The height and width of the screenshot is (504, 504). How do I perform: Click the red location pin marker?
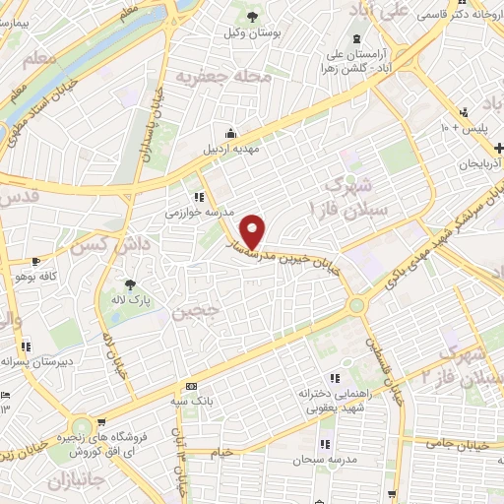253,231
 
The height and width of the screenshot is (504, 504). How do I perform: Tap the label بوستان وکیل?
255,32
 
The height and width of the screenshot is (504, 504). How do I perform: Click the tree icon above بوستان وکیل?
254,16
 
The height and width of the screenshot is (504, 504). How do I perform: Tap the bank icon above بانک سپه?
191,386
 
